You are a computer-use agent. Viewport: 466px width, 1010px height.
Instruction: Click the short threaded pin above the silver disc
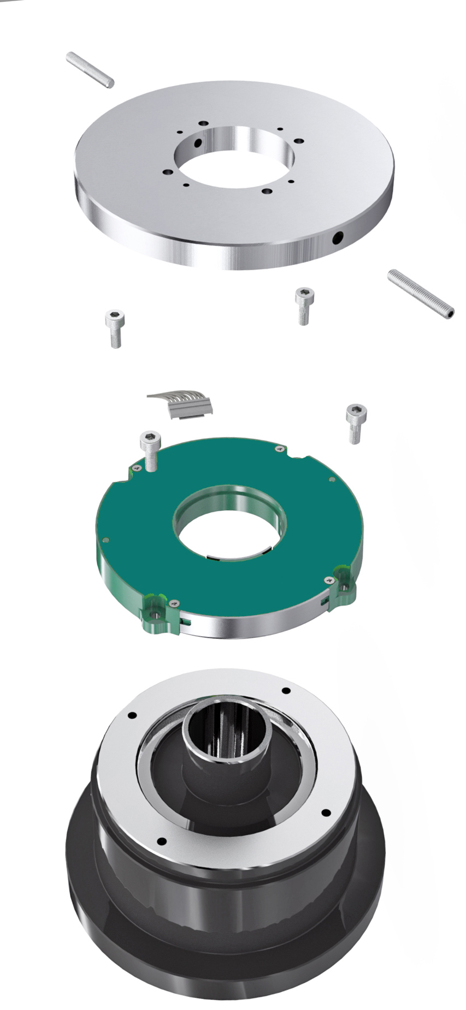tap(90, 69)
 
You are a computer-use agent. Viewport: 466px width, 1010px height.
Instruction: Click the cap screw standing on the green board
tap(151, 447)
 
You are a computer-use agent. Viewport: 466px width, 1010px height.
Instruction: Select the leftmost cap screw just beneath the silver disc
tap(115, 327)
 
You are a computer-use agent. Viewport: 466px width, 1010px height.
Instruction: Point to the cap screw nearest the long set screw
tap(304, 305)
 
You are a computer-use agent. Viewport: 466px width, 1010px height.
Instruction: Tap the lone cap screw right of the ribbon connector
tap(356, 422)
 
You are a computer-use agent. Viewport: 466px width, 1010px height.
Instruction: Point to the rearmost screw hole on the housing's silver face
tap(285, 691)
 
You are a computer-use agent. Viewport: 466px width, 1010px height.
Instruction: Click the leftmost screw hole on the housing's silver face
tap(131, 715)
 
